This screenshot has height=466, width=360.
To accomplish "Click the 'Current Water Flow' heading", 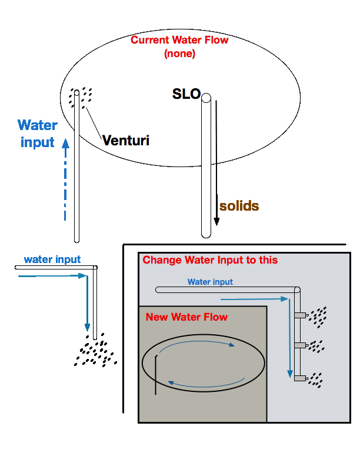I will coord(179,41).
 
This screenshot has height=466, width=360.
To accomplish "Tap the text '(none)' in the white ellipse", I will coord(179,54).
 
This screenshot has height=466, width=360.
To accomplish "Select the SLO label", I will coord(186,94).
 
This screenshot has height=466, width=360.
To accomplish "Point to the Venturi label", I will coord(125,141).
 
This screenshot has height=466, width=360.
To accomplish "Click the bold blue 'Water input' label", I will coord(38,134).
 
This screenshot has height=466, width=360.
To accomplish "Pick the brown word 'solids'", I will coord(239,206).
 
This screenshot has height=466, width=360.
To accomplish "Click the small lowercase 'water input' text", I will coord(52,259).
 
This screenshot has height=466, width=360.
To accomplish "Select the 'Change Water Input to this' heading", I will coord(210,260).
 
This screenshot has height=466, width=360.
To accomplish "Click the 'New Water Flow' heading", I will coord(186,317).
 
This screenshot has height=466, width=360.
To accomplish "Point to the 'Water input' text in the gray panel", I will coord(210,282).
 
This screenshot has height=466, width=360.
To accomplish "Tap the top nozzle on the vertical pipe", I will coord(301,315).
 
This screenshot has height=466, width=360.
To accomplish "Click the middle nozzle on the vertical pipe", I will coord(301,345).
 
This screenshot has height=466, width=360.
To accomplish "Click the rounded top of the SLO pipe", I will coord(206,98).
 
